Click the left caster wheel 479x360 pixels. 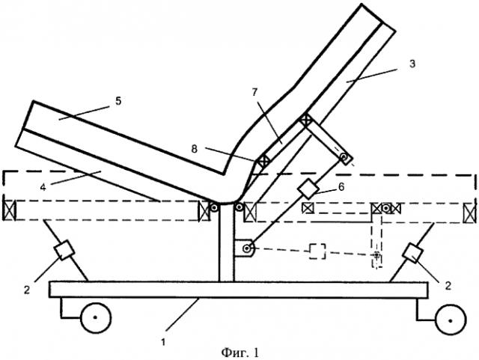coord(96,320)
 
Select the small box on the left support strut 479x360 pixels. coord(64,248)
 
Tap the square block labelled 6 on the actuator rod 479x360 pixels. coord(308,188)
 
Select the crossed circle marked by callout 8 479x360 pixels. coord(264,161)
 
